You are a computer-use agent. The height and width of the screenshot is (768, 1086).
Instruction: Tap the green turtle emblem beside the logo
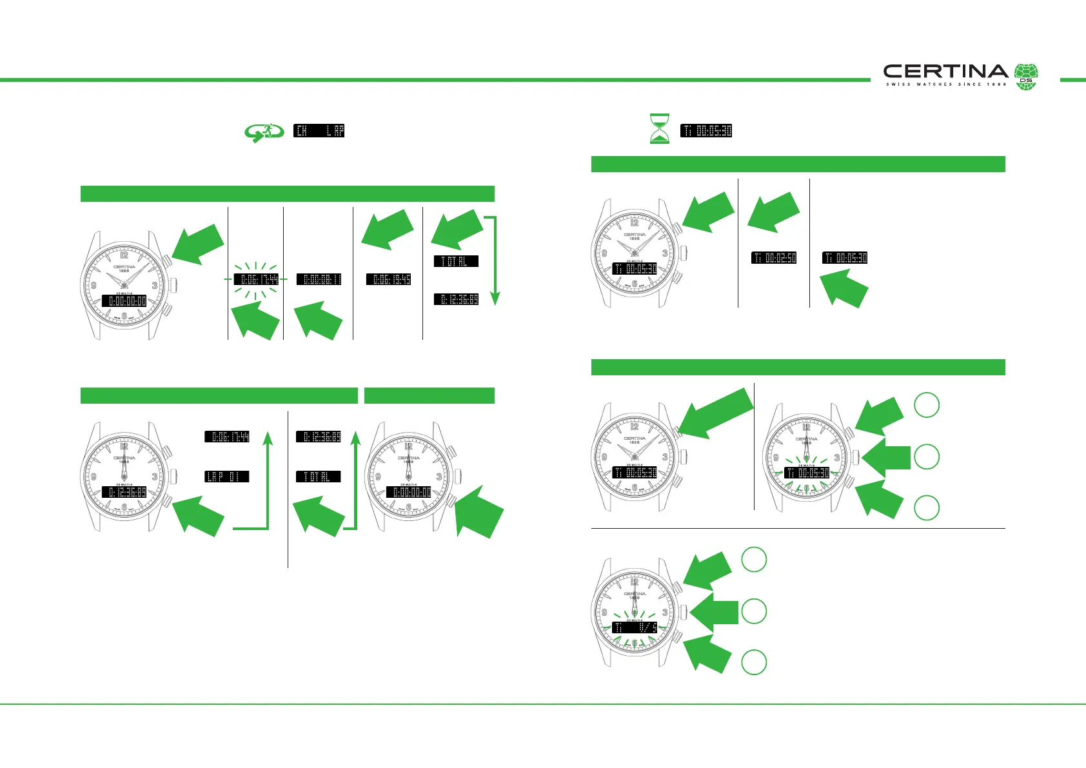(1026, 77)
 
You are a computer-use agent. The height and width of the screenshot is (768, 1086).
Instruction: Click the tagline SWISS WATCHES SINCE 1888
(945, 84)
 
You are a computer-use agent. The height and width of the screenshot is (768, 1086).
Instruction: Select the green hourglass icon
(659, 128)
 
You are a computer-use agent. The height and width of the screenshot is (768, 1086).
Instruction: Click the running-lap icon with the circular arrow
(264, 132)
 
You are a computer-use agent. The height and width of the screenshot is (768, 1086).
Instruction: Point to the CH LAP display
(319, 130)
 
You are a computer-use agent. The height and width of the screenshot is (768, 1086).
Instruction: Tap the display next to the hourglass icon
(706, 130)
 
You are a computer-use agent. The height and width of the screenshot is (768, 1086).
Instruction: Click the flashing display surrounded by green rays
(256, 279)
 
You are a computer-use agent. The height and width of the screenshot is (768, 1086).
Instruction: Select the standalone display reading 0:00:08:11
(319, 279)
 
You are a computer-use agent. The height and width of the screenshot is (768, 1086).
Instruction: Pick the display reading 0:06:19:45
(388, 279)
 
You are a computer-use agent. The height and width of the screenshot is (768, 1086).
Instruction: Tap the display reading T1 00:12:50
(774, 258)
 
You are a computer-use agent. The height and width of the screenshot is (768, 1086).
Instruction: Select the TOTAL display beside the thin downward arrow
(456, 261)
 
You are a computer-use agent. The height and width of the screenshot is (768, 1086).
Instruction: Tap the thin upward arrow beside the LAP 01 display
(268, 480)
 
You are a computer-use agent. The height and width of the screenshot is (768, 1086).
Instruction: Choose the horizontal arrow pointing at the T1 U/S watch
(715, 611)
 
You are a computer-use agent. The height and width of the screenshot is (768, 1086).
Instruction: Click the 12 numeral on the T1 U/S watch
(635, 583)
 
